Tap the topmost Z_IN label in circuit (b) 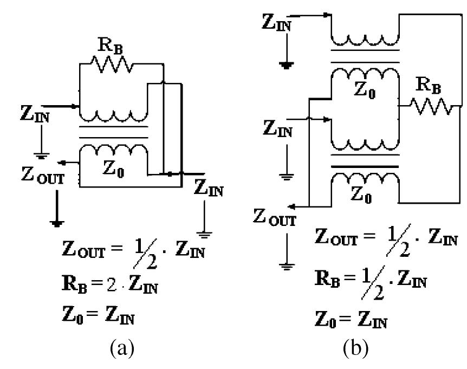pyautogui.click(x=276, y=23)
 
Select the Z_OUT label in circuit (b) pyautogui.click(x=275, y=217)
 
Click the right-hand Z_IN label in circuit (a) pyautogui.click(x=208, y=190)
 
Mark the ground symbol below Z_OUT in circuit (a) pyautogui.click(x=55, y=221)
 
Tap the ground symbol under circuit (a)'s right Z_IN pyautogui.click(x=204, y=234)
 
